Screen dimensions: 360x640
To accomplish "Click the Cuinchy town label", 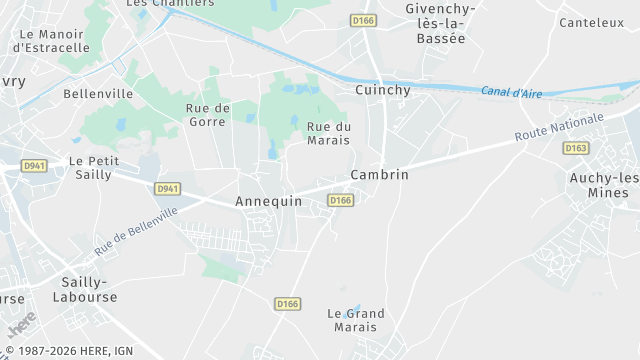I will pos(383,90).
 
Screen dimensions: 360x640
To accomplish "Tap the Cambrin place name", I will pos(380,174).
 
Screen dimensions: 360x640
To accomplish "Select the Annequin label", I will pos(268,201).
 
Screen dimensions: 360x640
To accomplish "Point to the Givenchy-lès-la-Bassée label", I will pos(440,23).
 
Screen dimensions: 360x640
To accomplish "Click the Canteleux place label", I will pos(591,22).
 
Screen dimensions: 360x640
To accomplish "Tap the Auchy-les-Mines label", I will pos(606,185).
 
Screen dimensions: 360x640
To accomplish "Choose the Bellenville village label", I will pos(98,93).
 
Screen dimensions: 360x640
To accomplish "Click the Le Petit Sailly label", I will pos(93,167).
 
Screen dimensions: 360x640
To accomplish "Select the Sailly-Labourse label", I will pos(89,289).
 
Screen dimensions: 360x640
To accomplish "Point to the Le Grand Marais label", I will pos(356,320).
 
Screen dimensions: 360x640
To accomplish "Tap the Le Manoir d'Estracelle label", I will pos(51,40).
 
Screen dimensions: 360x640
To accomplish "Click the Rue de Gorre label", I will pos(208,114).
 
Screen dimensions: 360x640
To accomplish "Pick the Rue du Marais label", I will pos(329,133).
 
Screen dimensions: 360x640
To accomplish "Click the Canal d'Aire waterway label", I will pos(511,92).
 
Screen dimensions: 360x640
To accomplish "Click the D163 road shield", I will pos(575,148).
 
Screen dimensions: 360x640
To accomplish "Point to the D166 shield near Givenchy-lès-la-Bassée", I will pos(362,20).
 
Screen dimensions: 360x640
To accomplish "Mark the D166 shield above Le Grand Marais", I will pos(288,304).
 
